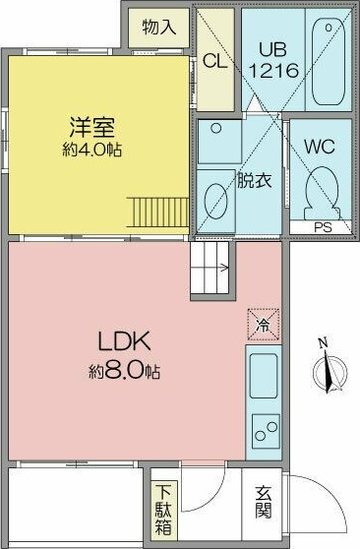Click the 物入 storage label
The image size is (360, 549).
tap(159, 27)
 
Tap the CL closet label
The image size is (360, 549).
tap(215, 61)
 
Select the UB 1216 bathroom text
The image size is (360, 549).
tap(273, 60)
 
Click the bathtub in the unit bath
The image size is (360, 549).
tap(329, 62)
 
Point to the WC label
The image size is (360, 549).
tap(320, 147)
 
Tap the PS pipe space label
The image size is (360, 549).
tap(323, 227)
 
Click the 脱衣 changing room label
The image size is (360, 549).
tap(255, 180)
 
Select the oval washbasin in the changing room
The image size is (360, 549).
tap(215, 202)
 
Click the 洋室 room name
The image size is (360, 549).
tap(92, 128)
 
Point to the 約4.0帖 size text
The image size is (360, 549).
tap(92, 151)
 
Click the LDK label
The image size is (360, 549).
tap(125, 341)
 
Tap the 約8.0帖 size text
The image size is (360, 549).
tap(125, 371)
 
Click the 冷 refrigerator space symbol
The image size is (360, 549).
tap(264, 325)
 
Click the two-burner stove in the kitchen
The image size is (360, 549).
tap(267, 431)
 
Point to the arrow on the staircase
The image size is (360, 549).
tap(223, 269)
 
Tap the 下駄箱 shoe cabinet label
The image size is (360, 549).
tap(163, 510)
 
